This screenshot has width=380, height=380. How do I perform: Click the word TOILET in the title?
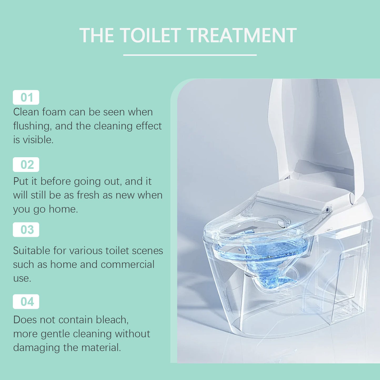click(150, 36)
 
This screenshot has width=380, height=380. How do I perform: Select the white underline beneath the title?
click(190, 55)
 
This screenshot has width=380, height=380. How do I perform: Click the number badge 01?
click(26, 97)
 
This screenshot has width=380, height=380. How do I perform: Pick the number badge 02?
click(26, 165)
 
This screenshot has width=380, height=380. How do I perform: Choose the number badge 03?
click(26, 230)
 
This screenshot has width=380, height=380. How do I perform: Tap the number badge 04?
click(26, 302)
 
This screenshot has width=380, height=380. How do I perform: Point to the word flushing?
click(32, 126)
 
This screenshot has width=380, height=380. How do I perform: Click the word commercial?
click(128, 264)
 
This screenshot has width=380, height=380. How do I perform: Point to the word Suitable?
click(32, 251)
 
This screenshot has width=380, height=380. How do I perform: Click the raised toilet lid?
click(316, 126)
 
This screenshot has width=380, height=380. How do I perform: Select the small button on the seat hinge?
click(327, 210)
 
